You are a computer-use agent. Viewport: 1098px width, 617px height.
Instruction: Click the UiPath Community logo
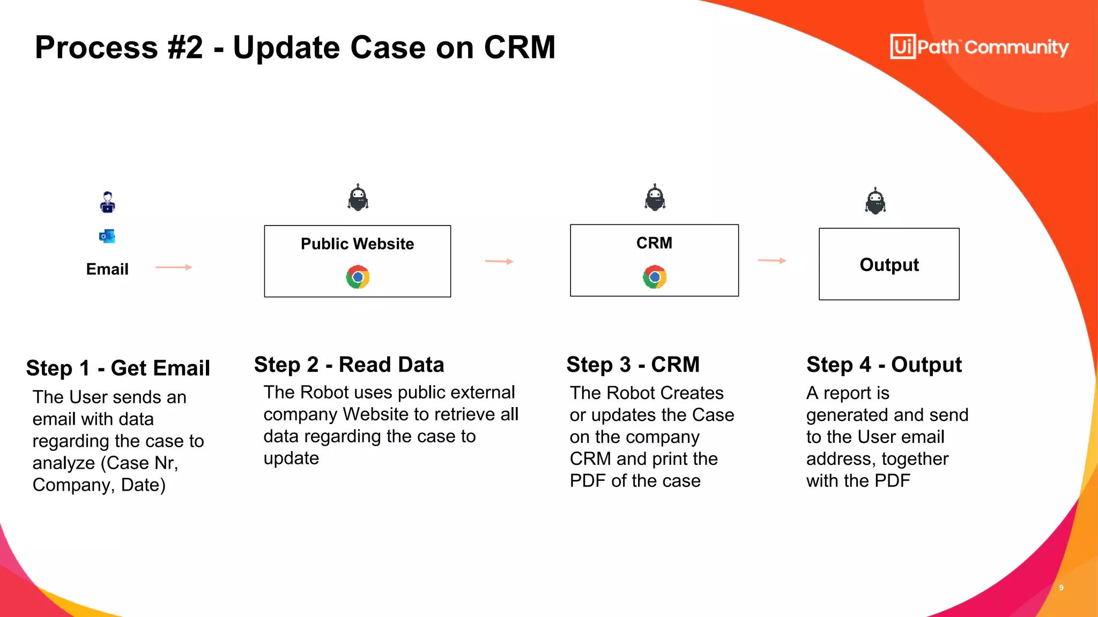pyautogui.click(x=979, y=47)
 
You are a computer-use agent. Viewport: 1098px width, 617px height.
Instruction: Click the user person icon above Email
pyautogui.click(x=108, y=202)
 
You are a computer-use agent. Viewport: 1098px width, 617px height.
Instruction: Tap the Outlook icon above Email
pyautogui.click(x=107, y=236)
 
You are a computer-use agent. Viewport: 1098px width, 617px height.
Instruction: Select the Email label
pyautogui.click(x=107, y=269)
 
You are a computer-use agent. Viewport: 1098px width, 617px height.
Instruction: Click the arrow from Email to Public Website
pyautogui.click(x=174, y=267)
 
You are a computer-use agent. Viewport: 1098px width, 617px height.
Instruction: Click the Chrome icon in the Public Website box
pyautogui.click(x=358, y=277)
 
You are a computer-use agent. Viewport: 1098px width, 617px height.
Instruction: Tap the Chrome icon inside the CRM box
pyautogui.click(x=655, y=277)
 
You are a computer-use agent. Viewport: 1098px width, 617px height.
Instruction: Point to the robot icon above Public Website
pyautogui.click(x=358, y=198)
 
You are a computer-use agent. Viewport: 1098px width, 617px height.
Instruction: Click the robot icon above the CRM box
pyautogui.click(x=655, y=198)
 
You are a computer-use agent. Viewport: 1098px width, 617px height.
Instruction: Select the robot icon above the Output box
pyautogui.click(x=875, y=201)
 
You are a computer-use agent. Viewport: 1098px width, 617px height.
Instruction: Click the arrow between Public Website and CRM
pyautogui.click(x=499, y=261)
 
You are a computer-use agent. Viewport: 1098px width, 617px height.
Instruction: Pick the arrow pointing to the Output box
pyautogui.click(x=772, y=261)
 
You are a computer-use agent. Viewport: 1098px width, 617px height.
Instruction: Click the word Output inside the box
pyautogui.click(x=889, y=265)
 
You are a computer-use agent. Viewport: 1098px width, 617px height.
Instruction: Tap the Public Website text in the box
pyautogui.click(x=357, y=244)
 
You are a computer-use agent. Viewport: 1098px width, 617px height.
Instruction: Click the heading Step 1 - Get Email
pyautogui.click(x=118, y=368)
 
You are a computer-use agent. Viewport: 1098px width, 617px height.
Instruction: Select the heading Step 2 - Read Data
pyautogui.click(x=349, y=365)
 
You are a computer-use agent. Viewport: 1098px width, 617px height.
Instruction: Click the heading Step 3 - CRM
pyautogui.click(x=633, y=365)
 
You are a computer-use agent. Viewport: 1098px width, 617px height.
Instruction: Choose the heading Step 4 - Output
pyautogui.click(x=884, y=365)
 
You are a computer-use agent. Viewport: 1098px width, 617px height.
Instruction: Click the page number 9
pyautogui.click(x=1061, y=588)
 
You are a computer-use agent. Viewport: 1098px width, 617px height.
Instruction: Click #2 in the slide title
pyautogui.click(x=186, y=47)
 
